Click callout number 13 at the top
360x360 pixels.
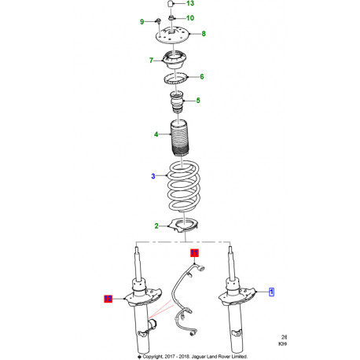189,5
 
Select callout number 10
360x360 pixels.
190,17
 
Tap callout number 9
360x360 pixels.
142,21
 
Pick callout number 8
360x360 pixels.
204,34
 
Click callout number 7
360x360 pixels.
150,60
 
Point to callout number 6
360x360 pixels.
202,77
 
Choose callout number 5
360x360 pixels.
198,101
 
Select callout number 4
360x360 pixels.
156,134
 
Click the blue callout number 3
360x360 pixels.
154,177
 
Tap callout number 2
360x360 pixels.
156,226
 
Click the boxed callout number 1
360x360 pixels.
272,292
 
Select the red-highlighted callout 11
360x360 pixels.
195,253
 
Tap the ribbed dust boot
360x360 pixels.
178,138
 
